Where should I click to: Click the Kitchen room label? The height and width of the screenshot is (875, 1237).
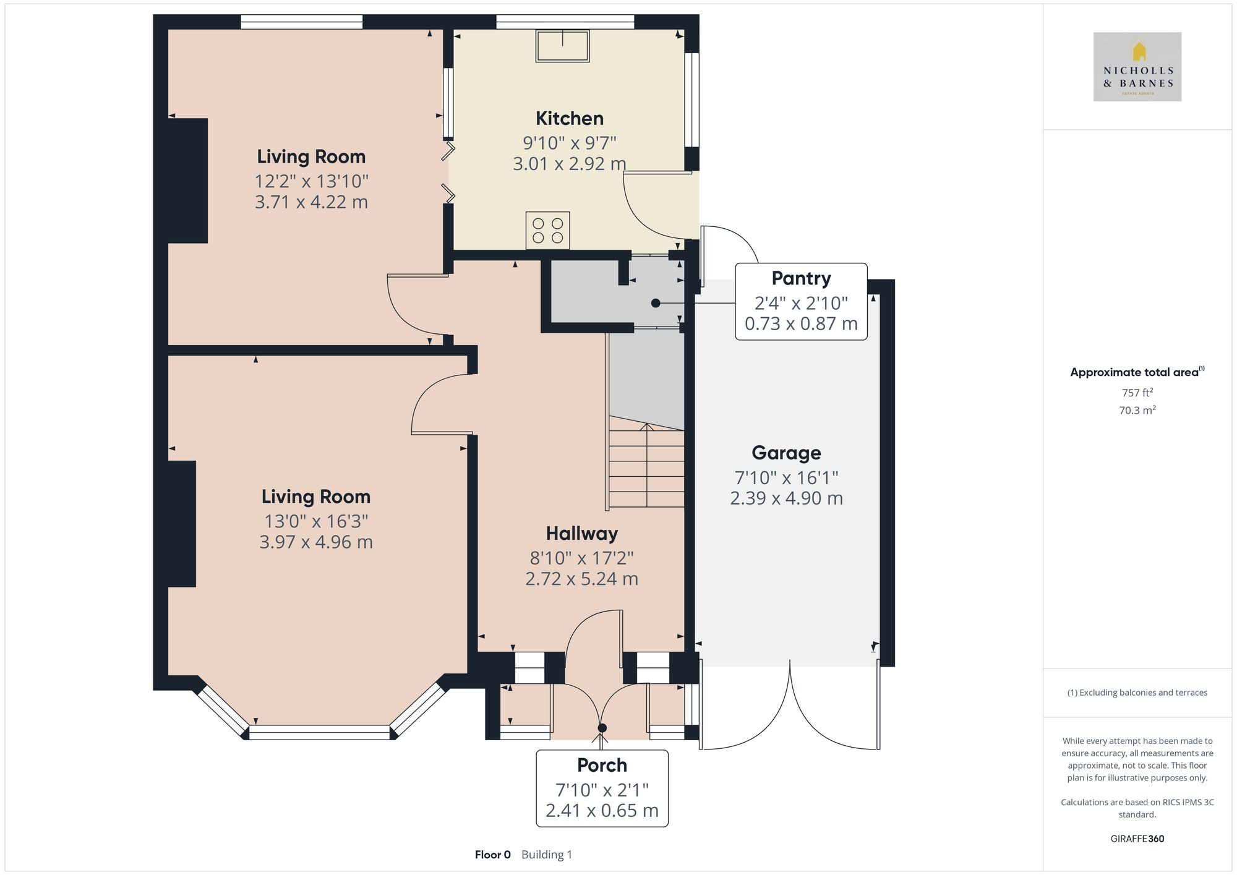pos(569,118)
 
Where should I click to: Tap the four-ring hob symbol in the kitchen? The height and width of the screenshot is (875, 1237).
pos(548,231)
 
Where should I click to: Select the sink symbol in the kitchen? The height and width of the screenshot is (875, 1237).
pos(562,45)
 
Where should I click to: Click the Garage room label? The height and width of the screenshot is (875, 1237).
pos(786,453)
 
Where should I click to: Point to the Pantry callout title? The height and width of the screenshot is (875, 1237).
pos(801,278)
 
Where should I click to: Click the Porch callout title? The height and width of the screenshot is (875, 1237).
pos(602,765)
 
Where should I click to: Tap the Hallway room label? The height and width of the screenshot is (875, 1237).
pos(581,533)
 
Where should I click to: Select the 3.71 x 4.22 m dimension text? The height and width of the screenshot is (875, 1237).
pos(311,202)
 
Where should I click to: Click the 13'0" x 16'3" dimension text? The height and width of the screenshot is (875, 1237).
pos(316,521)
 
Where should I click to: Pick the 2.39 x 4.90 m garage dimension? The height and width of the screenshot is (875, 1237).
pos(786,498)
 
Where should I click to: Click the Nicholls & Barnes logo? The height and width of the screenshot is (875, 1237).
pos(1137,67)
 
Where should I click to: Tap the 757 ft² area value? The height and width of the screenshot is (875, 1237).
pos(1137,393)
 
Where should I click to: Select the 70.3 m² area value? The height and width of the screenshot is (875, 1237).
pos(1137,410)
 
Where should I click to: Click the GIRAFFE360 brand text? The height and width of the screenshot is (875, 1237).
pos(1137,839)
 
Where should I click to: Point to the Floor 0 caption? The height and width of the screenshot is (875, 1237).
pos(493,855)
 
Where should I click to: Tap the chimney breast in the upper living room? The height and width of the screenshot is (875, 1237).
pos(188,181)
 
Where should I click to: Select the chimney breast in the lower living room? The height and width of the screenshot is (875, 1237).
pos(182,524)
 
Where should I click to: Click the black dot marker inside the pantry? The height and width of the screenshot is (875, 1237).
pos(656,303)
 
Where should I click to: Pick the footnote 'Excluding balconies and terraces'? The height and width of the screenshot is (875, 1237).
pos(1137,693)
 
